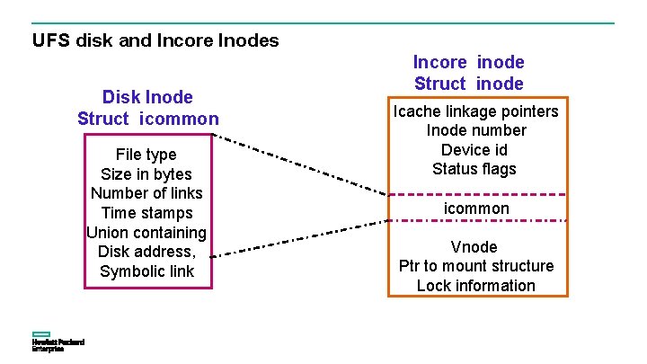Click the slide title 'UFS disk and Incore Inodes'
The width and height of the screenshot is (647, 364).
[x=155, y=40]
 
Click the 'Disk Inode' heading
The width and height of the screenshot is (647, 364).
[x=147, y=96]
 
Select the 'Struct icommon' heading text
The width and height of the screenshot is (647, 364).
[x=147, y=119]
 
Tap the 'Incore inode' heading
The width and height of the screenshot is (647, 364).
[x=468, y=62]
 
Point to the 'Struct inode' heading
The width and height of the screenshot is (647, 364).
[x=468, y=84]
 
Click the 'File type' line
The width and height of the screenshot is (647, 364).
[x=146, y=155]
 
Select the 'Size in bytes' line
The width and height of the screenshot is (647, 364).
[x=146, y=174]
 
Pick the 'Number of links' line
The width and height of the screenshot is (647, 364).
[x=146, y=193]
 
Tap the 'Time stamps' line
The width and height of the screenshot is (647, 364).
[x=146, y=213]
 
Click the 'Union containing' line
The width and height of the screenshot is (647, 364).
[x=146, y=233]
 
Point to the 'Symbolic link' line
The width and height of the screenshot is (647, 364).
[x=146, y=271]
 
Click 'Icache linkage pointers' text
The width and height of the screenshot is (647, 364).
[x=476, y=111]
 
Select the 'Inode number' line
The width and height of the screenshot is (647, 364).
[x=476, y=130]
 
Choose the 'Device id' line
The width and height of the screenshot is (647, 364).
[x=475, y=149]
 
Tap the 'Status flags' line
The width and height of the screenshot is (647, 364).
[x=475, y=169]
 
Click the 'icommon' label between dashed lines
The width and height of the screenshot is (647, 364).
[x=476, y=209]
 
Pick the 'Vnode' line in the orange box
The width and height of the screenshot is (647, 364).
[x=475, y=247]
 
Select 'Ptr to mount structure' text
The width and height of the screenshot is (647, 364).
[x=476, y=266]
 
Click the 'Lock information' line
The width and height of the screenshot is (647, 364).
[x=476, y=286]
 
